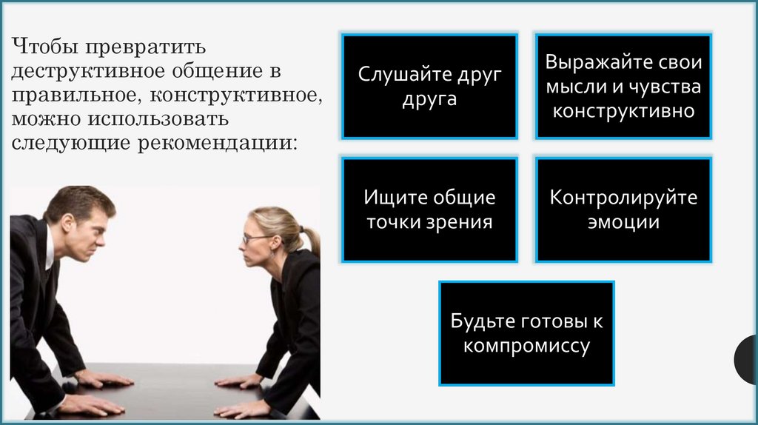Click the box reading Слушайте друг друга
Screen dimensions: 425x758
(429, 86)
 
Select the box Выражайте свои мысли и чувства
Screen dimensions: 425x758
(623, 86)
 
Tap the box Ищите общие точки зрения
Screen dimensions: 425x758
(429, 209)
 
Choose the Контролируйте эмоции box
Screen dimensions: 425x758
(623, 209)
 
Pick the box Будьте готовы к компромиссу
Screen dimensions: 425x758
(526, 333)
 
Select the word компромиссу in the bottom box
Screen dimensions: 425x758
(526, 346)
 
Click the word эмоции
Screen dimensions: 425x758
(623, 221)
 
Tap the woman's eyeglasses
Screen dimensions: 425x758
(255, 238)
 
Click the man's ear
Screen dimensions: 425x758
(68, 223)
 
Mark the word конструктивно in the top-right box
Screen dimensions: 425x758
(623, 112)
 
